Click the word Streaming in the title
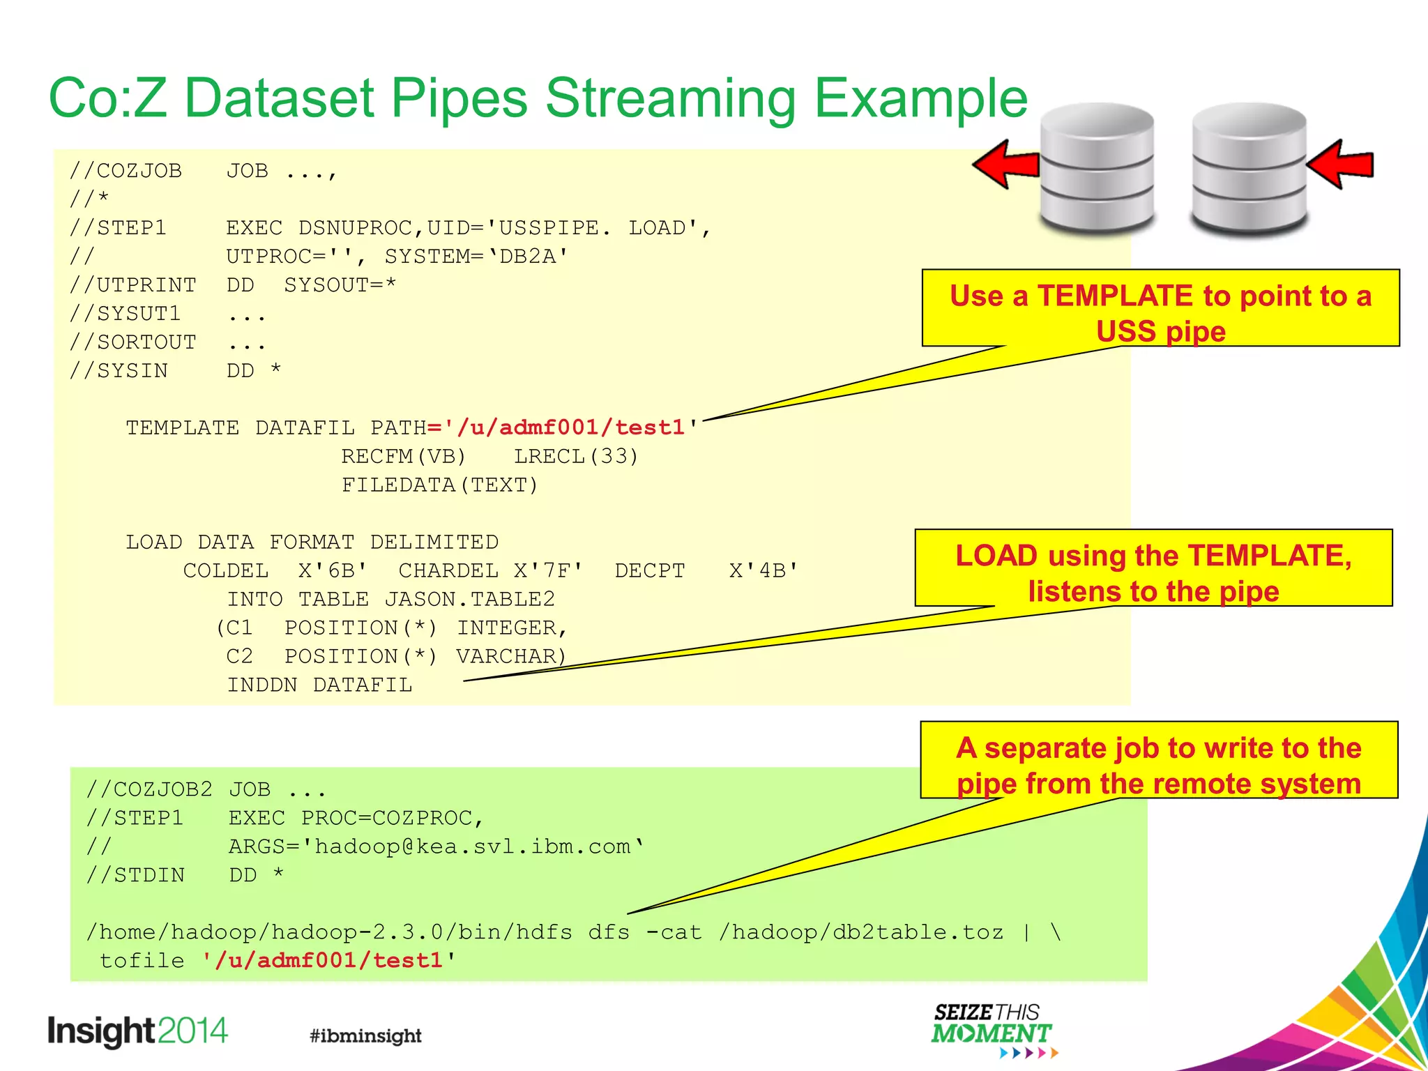tap(669, 99)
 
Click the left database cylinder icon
tap(1097, 169)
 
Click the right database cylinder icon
tap(1249, 169)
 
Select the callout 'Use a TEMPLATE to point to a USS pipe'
tap(1160, 308)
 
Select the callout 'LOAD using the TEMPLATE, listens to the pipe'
tap(1153, 568)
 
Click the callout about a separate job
tap(1159, 760)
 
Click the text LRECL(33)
tap(576, 456)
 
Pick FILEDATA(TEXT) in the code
tap(440, 485)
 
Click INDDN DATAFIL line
tap(319, 685)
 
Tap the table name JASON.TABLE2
tap(469, 599)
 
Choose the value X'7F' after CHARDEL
tap(548, 570)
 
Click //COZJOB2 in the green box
tap(149, 789)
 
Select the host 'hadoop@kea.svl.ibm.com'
tap(472, 846)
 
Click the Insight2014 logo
tap(137, 1031)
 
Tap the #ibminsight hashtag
tap(365, 1035)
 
